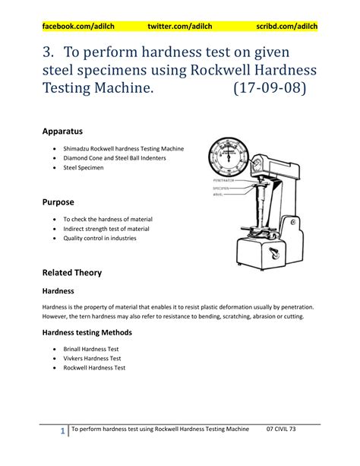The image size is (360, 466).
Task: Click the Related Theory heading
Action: tap(71, 272)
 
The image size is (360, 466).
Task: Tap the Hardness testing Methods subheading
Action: tap(87, 332)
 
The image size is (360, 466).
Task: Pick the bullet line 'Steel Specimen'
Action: tap(84, 167)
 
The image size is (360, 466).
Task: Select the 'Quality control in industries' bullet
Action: tap(99, 239)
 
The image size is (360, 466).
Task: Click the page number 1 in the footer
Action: tap(62, 432)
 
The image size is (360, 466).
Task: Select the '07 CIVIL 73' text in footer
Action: tap(286, 430)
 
